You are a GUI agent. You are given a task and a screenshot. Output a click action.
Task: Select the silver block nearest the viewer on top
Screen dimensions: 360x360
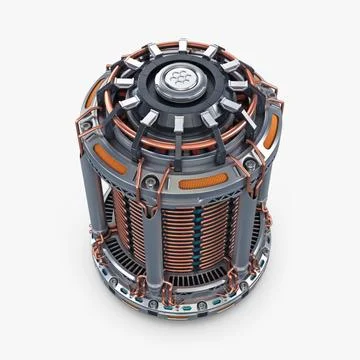176,124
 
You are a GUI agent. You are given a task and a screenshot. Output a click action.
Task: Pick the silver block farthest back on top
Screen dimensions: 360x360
189,42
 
